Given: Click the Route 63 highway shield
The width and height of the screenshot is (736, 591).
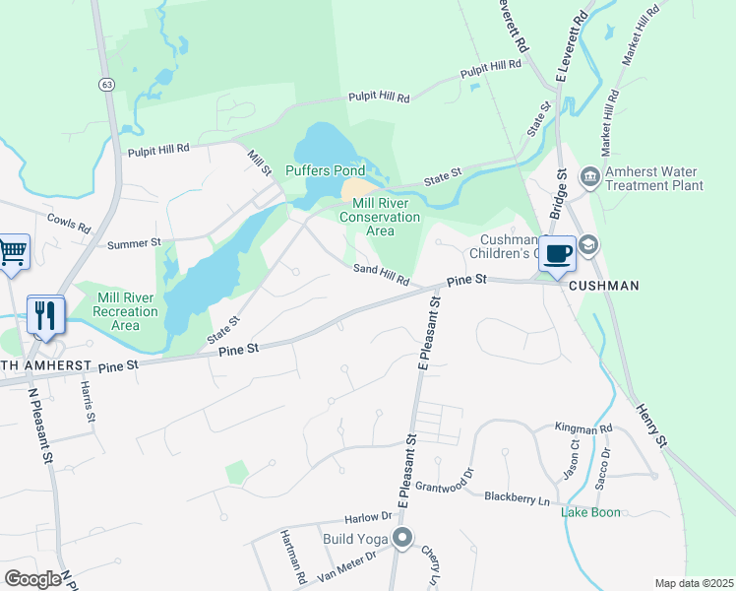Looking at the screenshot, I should pos(104,86).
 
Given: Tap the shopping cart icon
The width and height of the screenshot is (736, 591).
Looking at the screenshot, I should pos(13,251).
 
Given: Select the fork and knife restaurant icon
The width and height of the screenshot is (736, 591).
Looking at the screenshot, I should pos(45,314).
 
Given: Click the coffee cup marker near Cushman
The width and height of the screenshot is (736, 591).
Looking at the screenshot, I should pos(557,252).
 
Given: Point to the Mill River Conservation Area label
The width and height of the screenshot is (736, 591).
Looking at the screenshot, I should pos(380,217).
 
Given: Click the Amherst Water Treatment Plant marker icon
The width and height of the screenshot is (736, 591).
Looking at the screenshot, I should pos(589,177).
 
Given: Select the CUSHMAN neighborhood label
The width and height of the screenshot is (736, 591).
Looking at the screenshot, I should pos(603,286).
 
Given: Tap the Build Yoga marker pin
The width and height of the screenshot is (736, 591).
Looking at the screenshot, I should pos(402,538).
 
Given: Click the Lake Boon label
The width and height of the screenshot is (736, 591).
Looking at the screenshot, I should pos(590,512).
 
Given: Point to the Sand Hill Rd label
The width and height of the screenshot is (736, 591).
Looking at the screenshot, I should pos(382,275).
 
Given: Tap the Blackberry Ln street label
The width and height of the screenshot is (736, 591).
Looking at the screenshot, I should pos(517,497).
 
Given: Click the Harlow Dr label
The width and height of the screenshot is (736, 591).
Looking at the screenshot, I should pos(367,518).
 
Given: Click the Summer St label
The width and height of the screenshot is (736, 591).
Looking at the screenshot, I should pos(133,242).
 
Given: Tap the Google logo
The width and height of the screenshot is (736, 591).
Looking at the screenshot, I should pos(32,579).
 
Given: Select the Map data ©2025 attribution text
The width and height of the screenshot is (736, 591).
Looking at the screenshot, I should pos(693,583).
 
